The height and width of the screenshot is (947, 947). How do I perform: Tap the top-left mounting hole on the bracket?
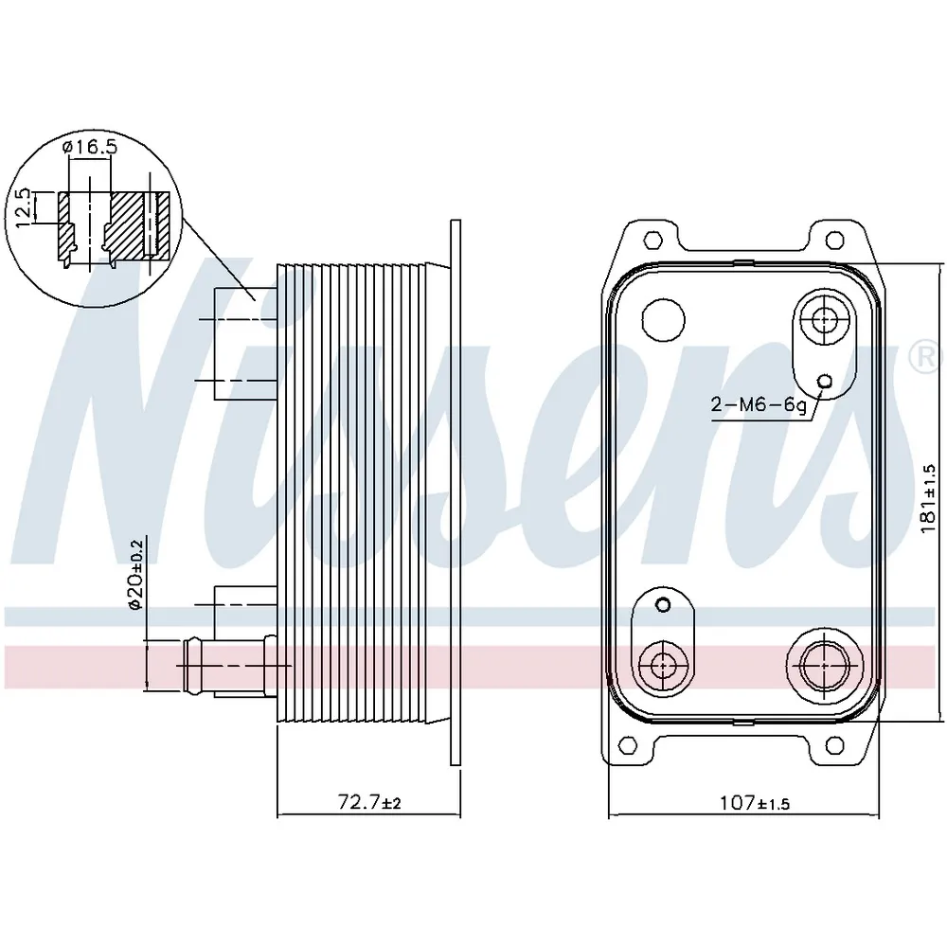coord(654,239)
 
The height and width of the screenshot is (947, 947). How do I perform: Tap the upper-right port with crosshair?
coord(820,320)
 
